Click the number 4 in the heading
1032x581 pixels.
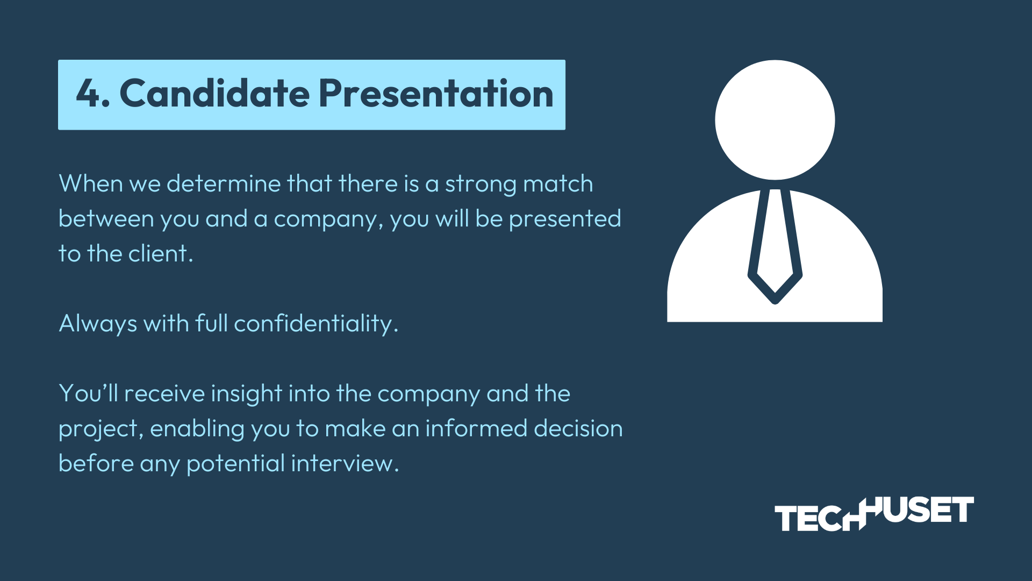88,94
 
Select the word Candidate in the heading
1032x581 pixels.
215,93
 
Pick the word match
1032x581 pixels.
558,183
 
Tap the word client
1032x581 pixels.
161,253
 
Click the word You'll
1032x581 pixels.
88,393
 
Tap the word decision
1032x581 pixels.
578,428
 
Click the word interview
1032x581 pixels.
345,463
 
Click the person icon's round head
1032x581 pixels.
775,120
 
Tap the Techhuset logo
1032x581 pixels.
874,514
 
